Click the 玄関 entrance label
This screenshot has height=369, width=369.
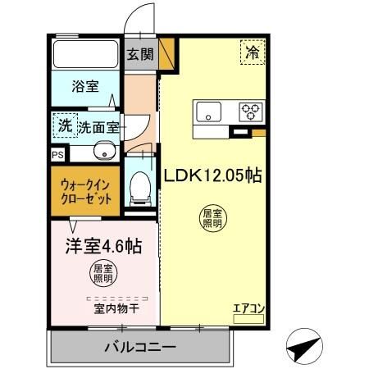click(139, 55)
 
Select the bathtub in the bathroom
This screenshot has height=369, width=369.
click(85, 55)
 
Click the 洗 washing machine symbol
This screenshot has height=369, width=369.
click(64, 125)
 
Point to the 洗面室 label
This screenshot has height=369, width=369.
click(99, 127)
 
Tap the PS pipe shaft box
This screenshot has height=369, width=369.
click(57, 154)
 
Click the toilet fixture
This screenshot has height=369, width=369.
click(139, 188)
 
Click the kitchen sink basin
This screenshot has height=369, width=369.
click(207, 111)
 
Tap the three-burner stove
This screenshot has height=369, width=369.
click(250, 111)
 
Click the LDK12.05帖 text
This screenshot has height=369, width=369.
click(212, 175)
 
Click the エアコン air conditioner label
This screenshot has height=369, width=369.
click(248, 309)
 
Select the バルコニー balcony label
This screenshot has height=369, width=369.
click(139, 348)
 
